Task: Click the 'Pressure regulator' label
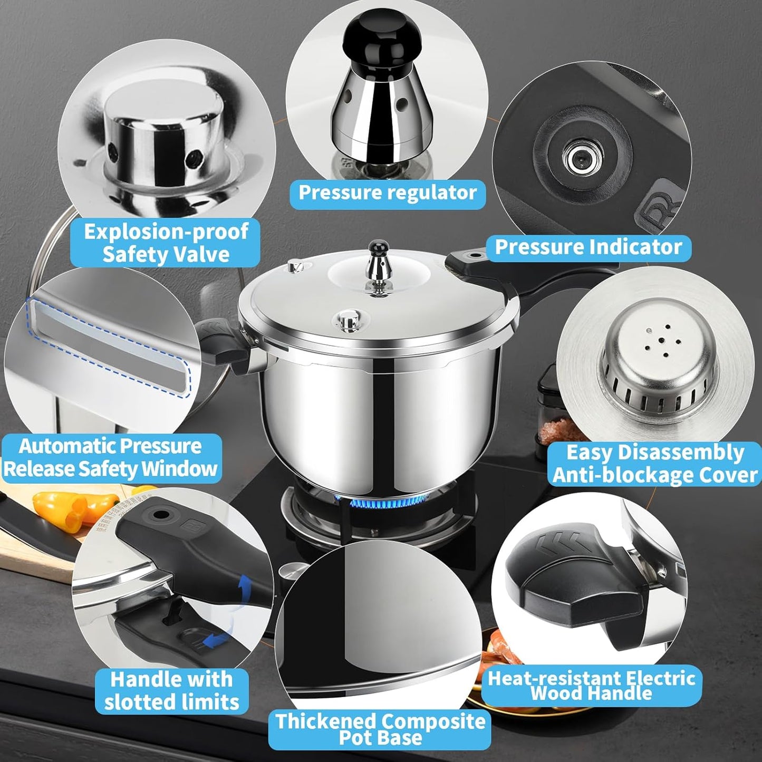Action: point(388,193)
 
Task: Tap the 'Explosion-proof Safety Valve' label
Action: point(166,243)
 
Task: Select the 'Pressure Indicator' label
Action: point(588,247)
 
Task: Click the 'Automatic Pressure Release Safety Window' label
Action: point(111,458)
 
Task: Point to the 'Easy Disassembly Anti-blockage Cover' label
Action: point(655,464)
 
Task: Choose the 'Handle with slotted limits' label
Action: point(171,690)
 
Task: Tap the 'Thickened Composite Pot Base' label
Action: point(380,729)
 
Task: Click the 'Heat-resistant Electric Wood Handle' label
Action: point(591,686)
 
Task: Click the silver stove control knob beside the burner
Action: point(292,571)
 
